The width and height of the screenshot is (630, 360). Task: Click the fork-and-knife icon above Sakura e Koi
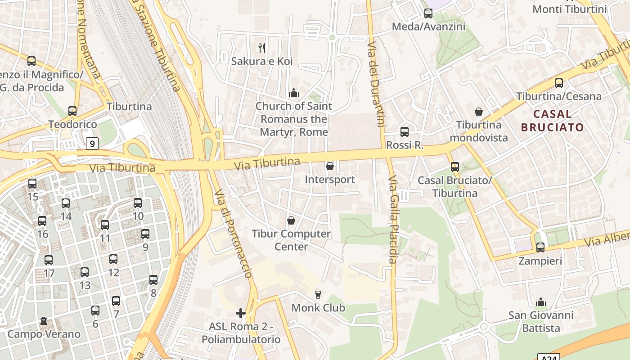(262, 48)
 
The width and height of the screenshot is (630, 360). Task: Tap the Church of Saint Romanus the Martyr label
(294, 119)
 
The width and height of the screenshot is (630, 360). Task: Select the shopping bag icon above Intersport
(330, 166)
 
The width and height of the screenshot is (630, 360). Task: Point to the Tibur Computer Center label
(291, 240)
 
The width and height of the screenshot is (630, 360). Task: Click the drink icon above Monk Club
(318, 295)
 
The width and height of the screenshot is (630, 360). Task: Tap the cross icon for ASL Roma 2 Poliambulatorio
(241, 313)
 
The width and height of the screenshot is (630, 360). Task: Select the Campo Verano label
(44, 334)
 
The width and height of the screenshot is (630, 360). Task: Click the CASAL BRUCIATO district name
(553, 121)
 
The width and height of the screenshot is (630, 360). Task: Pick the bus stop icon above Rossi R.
(405, 132)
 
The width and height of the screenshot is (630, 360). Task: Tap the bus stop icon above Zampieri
(540, 247)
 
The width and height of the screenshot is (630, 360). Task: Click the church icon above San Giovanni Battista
(541, 302)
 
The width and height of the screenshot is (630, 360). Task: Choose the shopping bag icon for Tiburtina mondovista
(479, 112)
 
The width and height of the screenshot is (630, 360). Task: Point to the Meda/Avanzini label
(428, 27)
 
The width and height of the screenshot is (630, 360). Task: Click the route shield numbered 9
(92, 144)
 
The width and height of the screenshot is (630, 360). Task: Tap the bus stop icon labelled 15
(32, 184)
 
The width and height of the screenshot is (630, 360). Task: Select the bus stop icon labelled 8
(153, 280)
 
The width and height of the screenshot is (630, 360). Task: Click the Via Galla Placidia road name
(392, 219)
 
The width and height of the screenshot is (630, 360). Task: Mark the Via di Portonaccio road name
(233, 234)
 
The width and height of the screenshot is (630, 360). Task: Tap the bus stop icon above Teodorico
(72, 111)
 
